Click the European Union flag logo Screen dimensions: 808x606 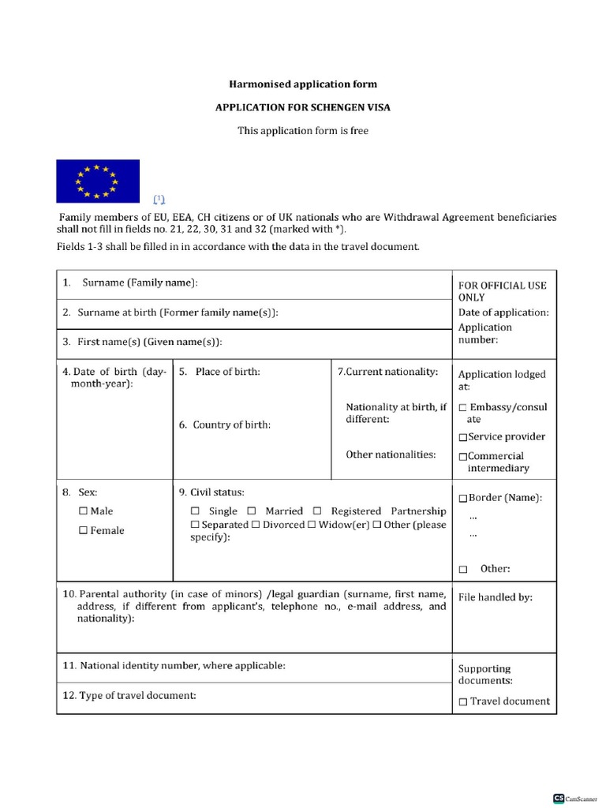tap(97, 181)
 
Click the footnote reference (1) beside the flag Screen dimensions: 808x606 tap(159, 198)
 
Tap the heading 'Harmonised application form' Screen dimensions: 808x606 tap(303, 84)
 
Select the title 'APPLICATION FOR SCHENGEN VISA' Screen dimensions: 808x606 tap(303, 107)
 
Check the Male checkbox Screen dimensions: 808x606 tap(83, 511)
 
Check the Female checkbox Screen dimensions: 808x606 tap(83, 531)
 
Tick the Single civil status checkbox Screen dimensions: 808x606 tap(196, 511)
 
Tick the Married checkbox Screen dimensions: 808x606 tap(252, 511)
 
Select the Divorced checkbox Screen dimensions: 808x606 tap(256, 525)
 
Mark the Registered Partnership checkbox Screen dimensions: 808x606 tap(317, 511)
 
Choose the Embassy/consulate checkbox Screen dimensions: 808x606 tap(462, 408)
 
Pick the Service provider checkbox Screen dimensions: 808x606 tap(462, 437)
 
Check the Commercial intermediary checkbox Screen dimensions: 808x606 tap(462, 456)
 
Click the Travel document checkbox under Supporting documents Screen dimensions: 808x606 tap(463, 701)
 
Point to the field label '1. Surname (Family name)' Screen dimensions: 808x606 tap(130, 282)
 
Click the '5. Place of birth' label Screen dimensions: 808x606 tap(219, 372)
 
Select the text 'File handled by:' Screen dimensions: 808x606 tap(495, 597)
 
